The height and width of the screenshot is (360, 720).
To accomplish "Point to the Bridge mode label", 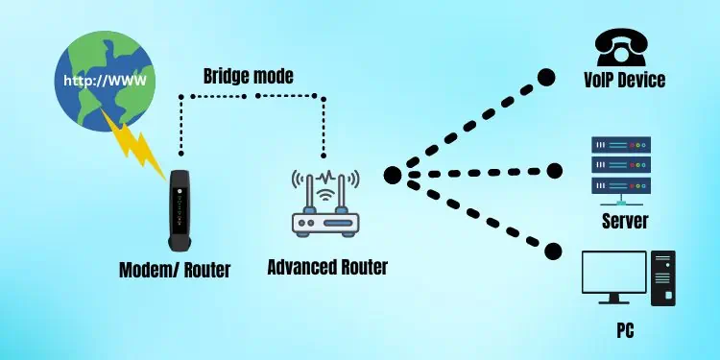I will pyautogui.click(x=247, y=75).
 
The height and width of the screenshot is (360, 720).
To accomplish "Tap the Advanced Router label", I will pyautogui.click(x=327, y=266).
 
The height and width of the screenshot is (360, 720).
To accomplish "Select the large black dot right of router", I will pyautogui.click(x=392, y=176).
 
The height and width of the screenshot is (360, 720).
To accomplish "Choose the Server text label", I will pyautogui.click(x=624, y=222).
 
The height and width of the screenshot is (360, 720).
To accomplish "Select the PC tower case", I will pyautogui.click(x=662, y=278).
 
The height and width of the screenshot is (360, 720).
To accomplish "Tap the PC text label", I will pyautogui.click(x=624, y=332).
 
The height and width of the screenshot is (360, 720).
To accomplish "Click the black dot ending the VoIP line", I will pyautogui.click(x=546, y=77).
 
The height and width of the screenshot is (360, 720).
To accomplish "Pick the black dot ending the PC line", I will pyautogui.click(x=552, y=252).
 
